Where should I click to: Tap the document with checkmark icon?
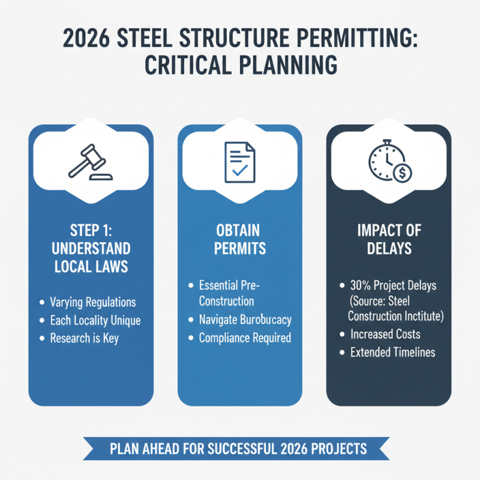[x=239, y=161]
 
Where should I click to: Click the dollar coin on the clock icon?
[x=401, y=172]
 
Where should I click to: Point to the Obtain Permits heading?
[x=239, y=239]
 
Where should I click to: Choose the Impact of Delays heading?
[x=389, y=239]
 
